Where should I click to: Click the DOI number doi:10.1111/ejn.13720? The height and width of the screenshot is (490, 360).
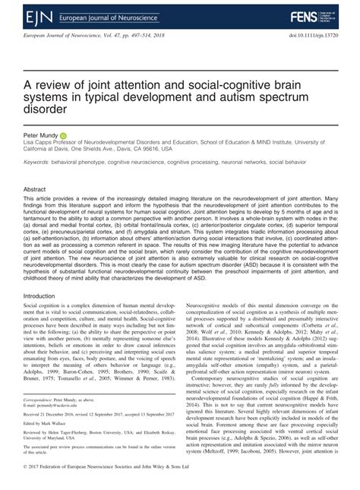307,36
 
